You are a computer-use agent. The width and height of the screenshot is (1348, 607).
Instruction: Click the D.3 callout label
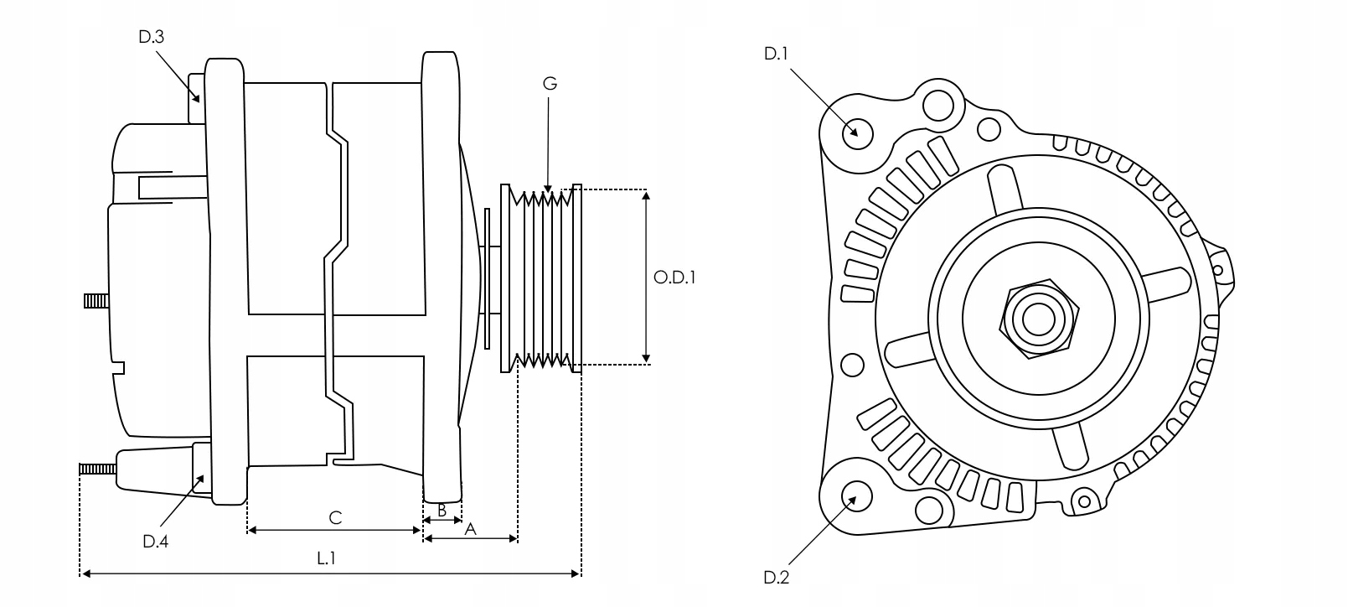(151, 37)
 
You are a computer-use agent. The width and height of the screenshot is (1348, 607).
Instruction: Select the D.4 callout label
(155, 542)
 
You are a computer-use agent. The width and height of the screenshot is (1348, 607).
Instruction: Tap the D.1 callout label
(777, 54)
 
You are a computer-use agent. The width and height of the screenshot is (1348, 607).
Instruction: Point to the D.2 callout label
(777, 577)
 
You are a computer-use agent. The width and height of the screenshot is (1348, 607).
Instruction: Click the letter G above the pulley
(550, 83)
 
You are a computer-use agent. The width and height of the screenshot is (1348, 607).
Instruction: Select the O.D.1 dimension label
(675, 277)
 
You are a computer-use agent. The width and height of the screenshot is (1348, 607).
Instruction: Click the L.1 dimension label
(327, 558)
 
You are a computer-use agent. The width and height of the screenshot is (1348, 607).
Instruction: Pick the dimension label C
(335, 517)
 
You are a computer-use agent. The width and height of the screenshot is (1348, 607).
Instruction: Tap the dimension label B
(442, 509)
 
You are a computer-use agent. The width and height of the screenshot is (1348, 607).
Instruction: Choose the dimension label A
(471, 528)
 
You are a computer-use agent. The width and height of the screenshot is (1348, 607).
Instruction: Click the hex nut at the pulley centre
(1039, 318)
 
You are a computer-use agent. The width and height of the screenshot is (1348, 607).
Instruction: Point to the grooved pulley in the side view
(540, 277)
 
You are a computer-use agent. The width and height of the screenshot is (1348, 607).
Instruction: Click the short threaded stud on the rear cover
(96, 300)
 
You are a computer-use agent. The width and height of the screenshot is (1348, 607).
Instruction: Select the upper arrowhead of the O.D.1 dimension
(646, 195)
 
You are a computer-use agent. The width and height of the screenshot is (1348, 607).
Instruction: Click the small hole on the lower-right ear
(1084, 501)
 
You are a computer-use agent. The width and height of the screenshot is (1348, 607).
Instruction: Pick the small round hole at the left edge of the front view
(852, 365)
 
